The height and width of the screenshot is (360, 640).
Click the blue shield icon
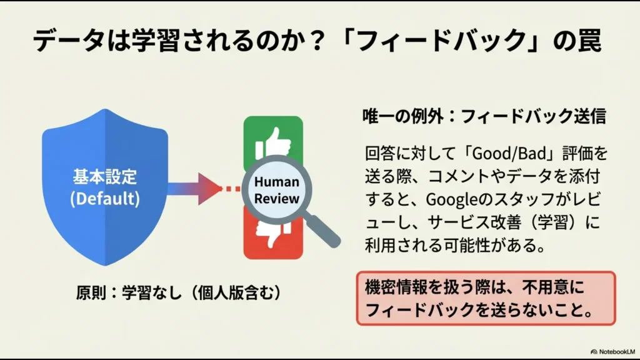[x=105, y=187]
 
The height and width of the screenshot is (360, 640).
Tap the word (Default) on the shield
[x=105, y=199]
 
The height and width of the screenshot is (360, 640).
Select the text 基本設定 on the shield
[x=105, y=177]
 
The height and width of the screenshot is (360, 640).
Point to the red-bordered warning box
[x=486, y=297]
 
